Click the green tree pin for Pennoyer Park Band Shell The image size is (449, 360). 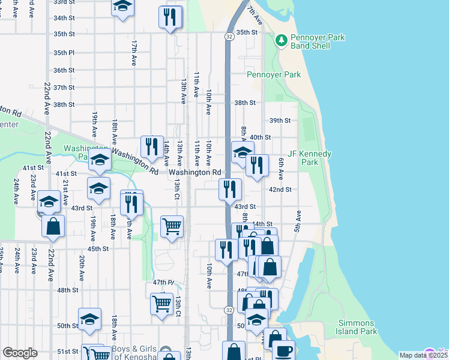click(x=281, y=40)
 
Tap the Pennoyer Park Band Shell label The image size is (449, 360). click(x=318, y=41)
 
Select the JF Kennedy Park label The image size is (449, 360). click(x=310, y=158)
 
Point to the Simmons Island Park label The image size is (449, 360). click(x=357, y=327)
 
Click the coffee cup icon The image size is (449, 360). click(x=283, y=349)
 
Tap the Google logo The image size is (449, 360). click(x=19, y=353)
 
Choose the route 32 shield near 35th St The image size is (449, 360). click(x=229, y=37)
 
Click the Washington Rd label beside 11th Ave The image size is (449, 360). click(x=194, y=172)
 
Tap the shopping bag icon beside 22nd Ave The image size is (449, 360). click(x=53, y=226)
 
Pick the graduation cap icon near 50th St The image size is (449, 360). click(x=89, y=319)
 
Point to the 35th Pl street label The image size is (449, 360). click(x=63, y=53)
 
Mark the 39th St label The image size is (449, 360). click(x=280, y=121)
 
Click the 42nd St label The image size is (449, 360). click(x=280, y=190)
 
